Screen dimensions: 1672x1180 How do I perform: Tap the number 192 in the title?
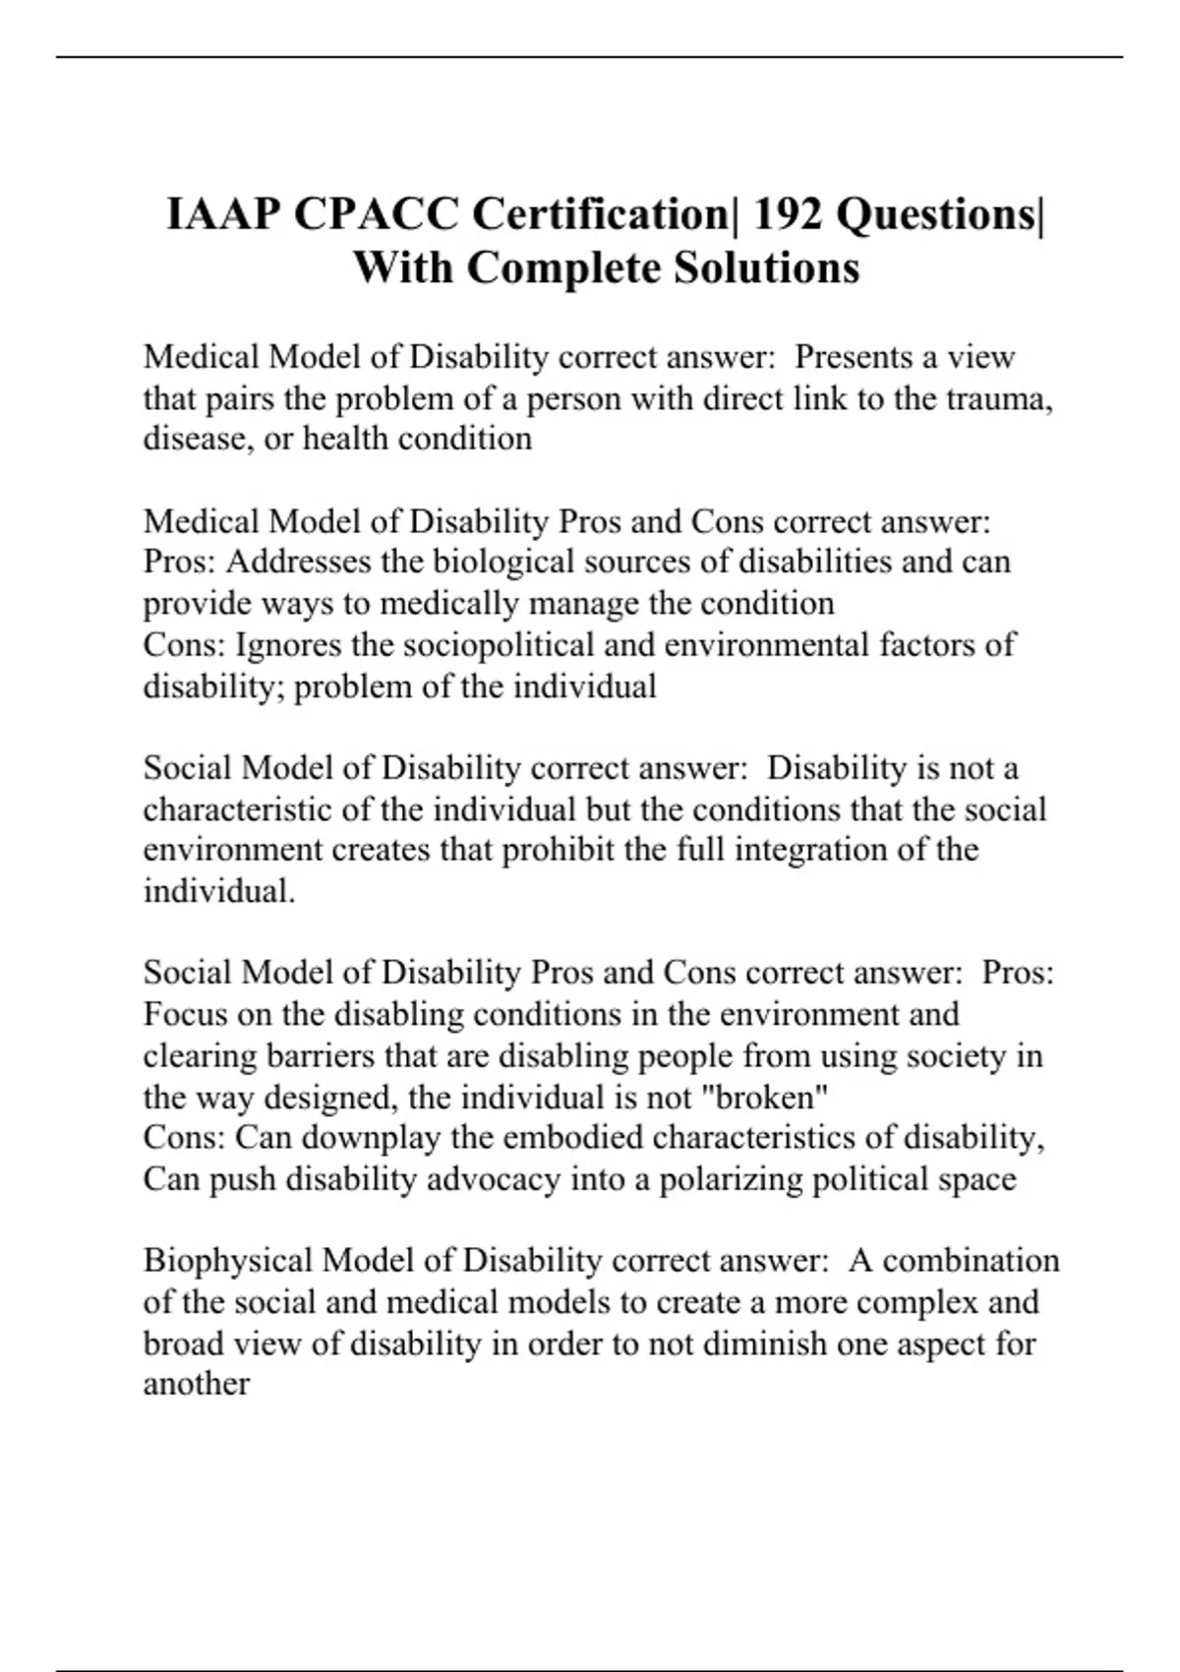(788, 213)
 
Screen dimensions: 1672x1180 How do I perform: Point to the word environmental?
(767, 645)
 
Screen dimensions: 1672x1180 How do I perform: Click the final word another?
(197, 1385)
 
